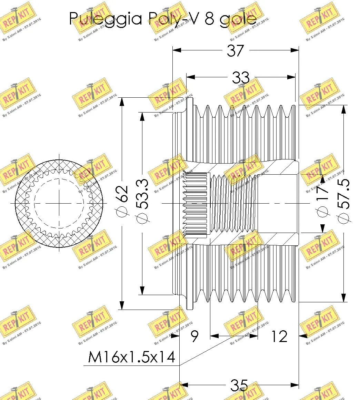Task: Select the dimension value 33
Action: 241,77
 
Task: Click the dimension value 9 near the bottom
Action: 194,336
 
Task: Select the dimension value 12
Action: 278,336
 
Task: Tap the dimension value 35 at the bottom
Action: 239,385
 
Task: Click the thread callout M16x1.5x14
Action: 131,358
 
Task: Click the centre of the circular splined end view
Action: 59,203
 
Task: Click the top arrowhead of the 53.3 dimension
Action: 141,116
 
